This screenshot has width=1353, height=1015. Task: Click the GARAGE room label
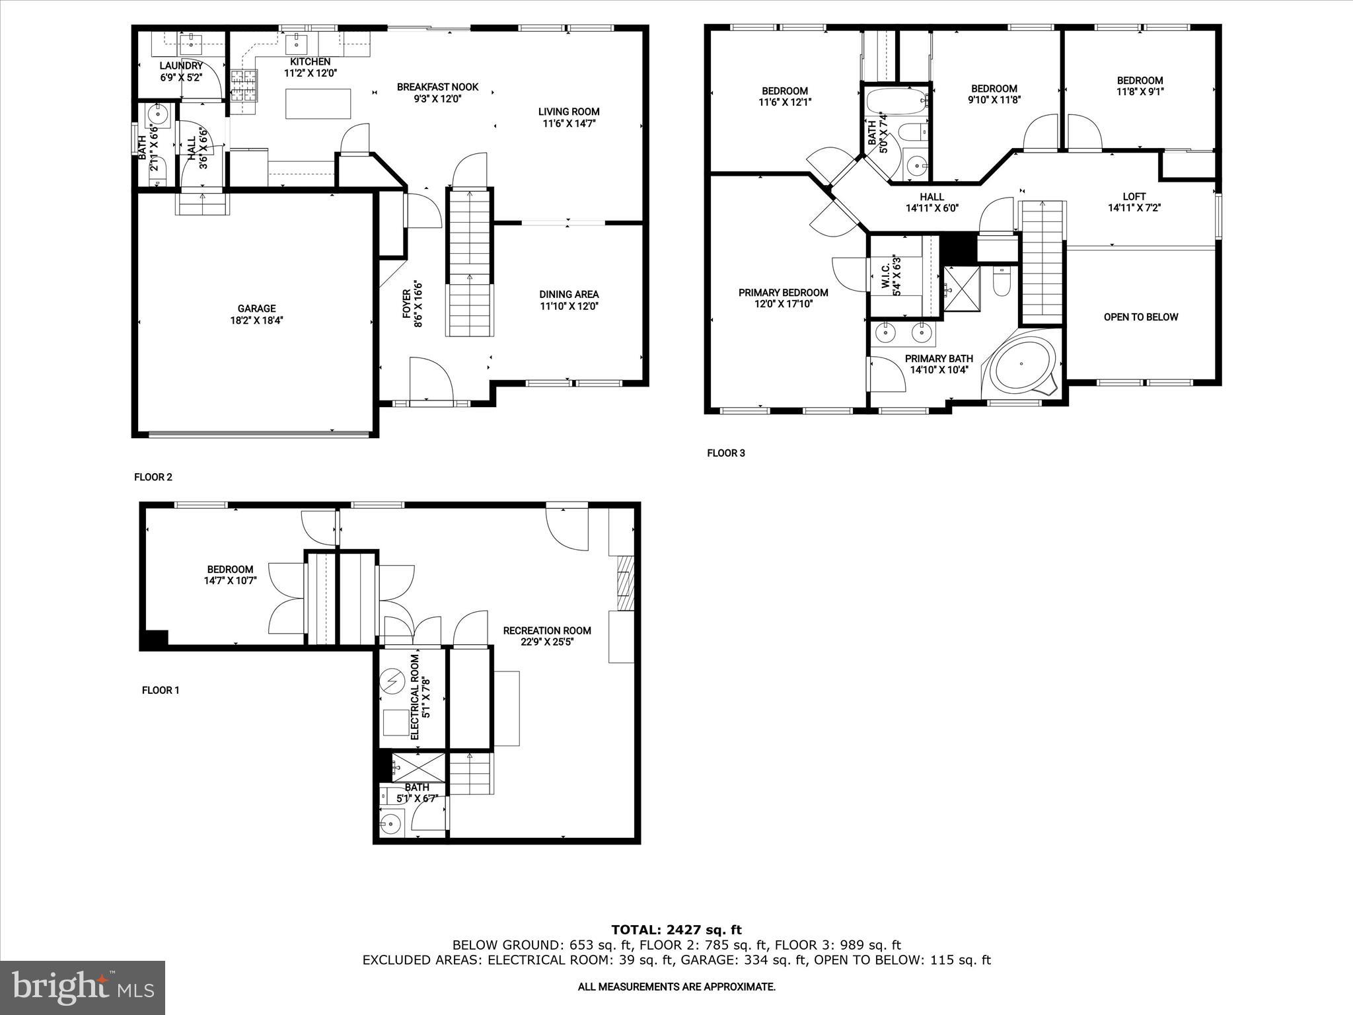[256, 309]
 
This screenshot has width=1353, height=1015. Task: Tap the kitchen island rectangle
[318, 104]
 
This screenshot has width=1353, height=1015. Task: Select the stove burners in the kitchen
[243, 85]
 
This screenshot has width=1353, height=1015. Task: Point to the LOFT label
[1134, 196]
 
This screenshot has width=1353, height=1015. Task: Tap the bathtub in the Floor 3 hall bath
[896, 102]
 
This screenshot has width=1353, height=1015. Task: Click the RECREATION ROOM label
[546, 630]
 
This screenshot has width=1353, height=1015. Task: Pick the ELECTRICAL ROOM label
[416, 697]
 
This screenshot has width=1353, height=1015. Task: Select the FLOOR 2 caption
[153, 477]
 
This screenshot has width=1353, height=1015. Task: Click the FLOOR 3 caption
[725, 453]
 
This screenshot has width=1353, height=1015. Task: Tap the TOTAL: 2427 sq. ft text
[676, 930]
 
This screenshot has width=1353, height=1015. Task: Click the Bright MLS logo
[83, 987]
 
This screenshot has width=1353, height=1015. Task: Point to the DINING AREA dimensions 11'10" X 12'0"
[569, 306]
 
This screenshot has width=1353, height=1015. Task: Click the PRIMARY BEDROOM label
[783, 293]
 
